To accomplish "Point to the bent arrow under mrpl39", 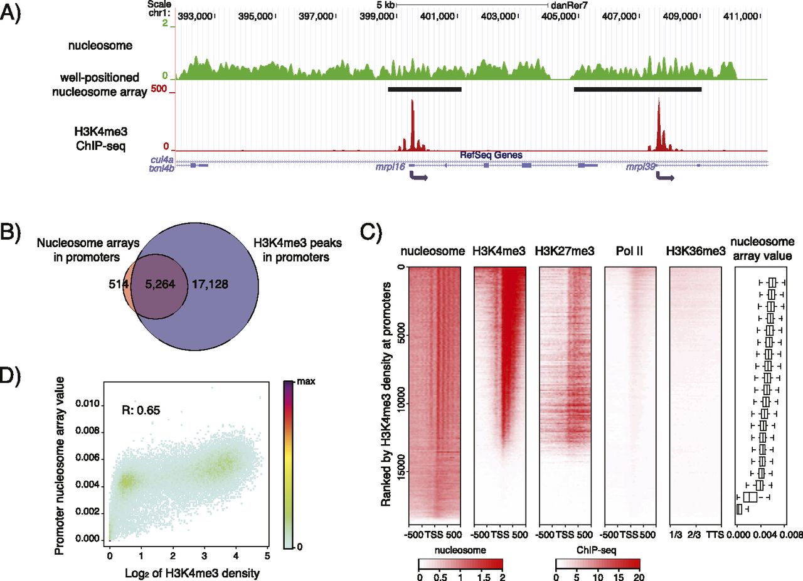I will pyautogui.click(x=664, y=178).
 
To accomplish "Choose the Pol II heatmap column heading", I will pyautogui.click(x=630, y=252).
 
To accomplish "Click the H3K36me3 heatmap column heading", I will pyautogui.click(x=696, y=252).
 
